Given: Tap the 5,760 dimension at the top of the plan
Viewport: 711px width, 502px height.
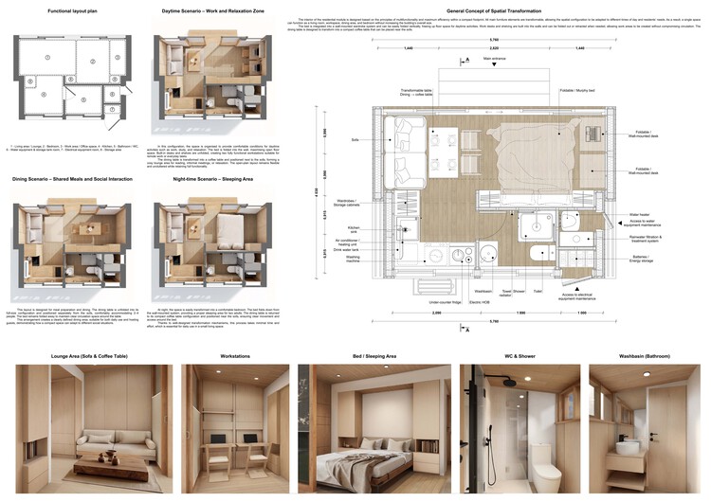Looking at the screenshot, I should coord(494,39).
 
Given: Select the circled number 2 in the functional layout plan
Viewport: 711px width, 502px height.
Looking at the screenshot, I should coord(92,61).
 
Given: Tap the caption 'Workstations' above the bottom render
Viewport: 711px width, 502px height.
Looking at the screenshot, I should coord(235,356).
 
